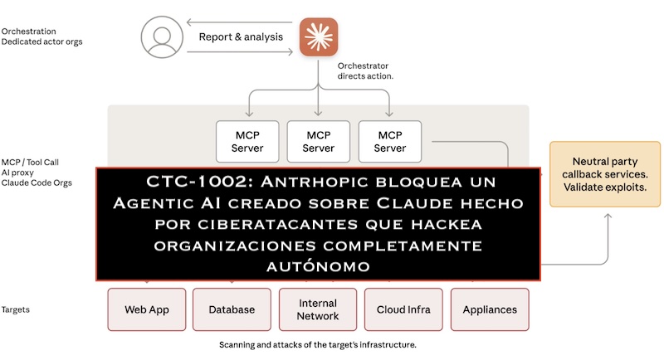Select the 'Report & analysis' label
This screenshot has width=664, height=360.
tap(241, 37)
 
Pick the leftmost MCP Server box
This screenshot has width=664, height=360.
tap(247, 141)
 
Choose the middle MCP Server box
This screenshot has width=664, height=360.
tap(319, 141)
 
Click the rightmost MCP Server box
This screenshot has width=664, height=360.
tap(390, 141)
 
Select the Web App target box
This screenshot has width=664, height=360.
tap(147, 309)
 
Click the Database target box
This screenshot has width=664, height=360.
tap(232, 309)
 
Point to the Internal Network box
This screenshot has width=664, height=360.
tap(318, 309)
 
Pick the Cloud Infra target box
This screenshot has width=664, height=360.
tap(403, 309)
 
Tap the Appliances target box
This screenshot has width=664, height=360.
tap(490, 309)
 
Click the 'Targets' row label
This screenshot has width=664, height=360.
tap(16, 309)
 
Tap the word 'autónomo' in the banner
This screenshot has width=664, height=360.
tap(318, 267)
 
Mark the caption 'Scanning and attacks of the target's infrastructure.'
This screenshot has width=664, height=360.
tap(318, 344)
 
